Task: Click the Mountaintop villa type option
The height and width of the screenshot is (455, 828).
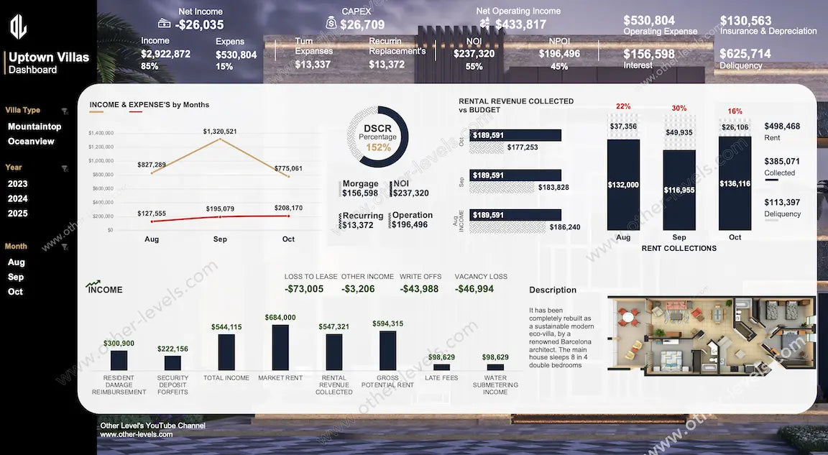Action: (x=34, y=127)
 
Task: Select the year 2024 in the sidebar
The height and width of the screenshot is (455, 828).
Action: (x=18, y=198)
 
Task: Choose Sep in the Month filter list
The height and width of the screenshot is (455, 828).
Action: (x=16, y=277)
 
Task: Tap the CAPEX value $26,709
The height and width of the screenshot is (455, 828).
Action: (x=362, y=25)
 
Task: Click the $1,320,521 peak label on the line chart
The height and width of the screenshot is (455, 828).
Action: (x=220, y=132)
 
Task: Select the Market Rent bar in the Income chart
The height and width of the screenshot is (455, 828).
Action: (x=280, y=347)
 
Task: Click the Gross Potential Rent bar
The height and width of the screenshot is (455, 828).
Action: (x=387, y=350)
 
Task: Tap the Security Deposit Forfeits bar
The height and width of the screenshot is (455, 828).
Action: (x=172, y=363)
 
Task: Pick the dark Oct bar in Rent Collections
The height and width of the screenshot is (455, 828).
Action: (x=735, y=183)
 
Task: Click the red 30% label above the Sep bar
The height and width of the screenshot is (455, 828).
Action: (x=679, y=109)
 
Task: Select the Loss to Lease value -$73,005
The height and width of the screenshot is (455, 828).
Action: (x=304, y=289)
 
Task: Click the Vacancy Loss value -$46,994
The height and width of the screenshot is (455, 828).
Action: (x=474, y=289)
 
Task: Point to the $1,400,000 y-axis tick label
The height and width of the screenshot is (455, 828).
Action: (x=101, y=133)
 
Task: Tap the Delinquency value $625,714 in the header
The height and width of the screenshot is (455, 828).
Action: (x=745, y=54)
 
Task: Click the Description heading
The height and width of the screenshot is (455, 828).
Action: (x=553, y=290)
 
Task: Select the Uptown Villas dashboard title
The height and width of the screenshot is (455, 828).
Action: (x=49, y=58)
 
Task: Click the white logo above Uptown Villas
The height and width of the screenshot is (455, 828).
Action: (x=18, y=27)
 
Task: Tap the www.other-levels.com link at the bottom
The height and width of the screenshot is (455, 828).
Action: (x=137, y=434)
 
